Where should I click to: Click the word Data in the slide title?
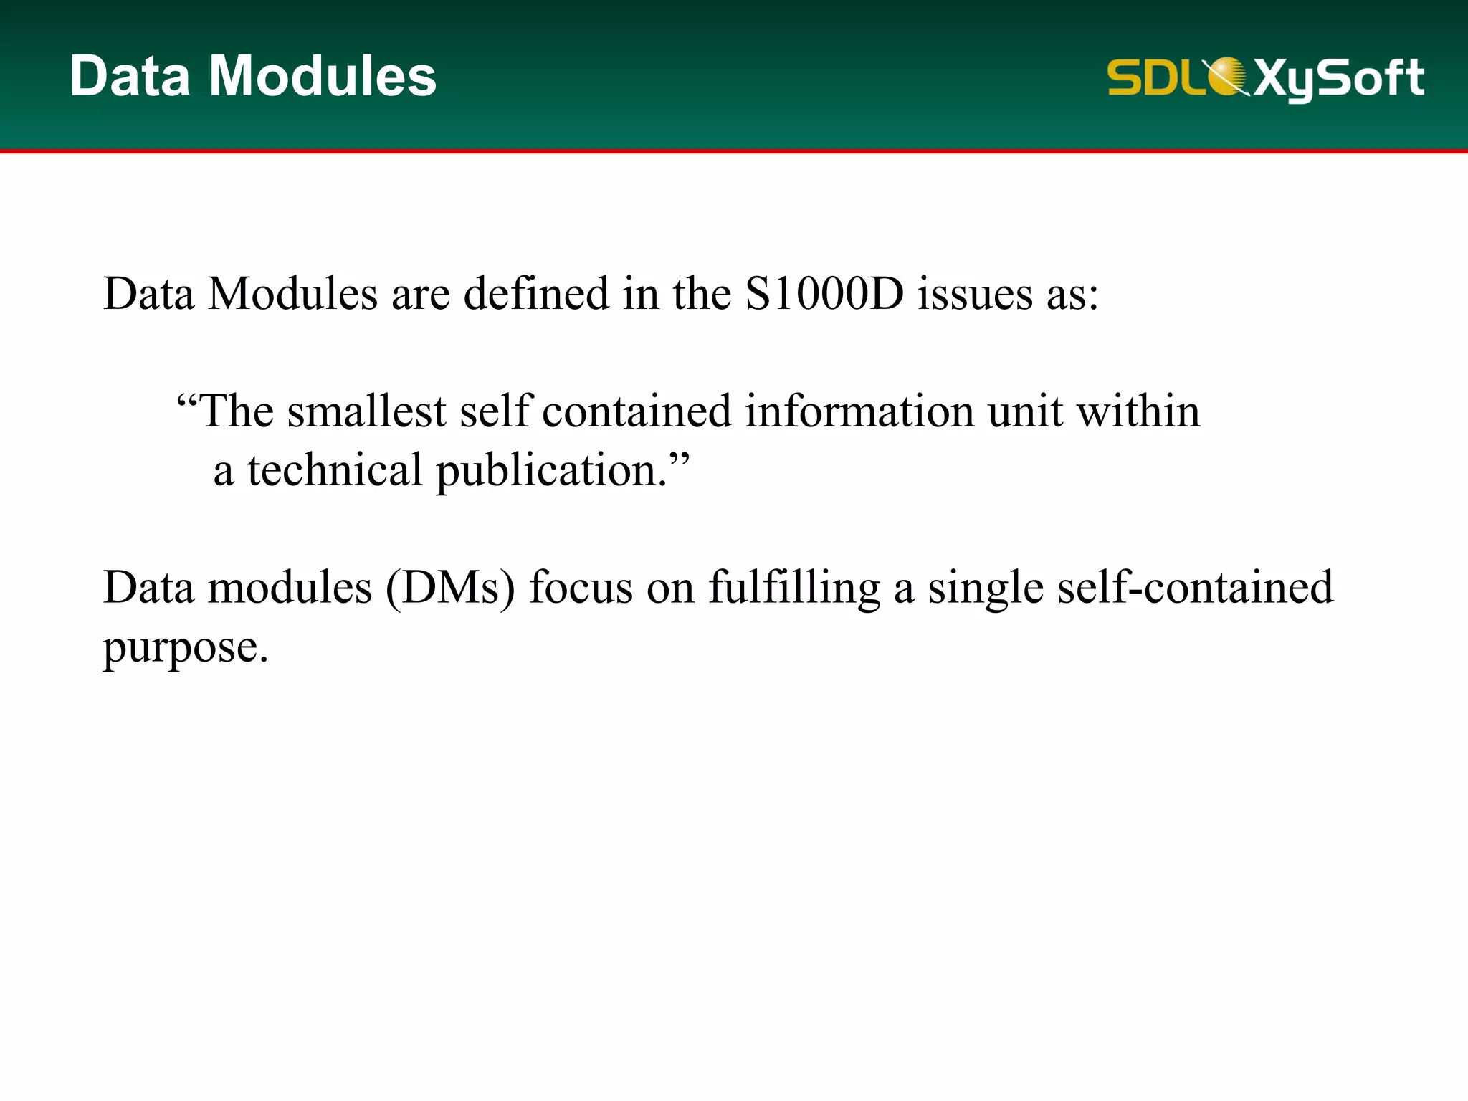click(130, 76)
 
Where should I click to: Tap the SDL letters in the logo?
click(1154, 77)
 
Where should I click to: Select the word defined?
click(536, 294)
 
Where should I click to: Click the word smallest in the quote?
click(367, 411)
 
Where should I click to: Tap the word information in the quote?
click(859, 411)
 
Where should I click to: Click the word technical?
click(335, 470)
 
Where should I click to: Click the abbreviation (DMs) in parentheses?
click(450, 588)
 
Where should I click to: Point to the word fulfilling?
click(794, 588)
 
